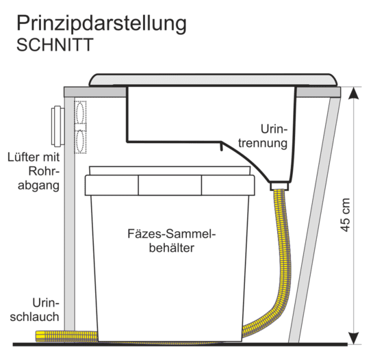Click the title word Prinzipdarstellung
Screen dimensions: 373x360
(x=101, y=24)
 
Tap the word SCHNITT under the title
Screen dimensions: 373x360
(x=55, y=44)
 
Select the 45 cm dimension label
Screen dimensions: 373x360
(x=345, y=215)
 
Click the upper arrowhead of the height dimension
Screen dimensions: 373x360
(x=355, y=93)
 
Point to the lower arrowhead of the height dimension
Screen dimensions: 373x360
(x=355, y=338)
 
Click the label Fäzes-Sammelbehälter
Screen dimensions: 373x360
(x=171, y=240)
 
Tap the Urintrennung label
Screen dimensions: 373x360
(x=263, y=136)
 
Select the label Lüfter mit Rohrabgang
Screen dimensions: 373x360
(x=34, y=171)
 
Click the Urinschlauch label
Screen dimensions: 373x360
(x=34, y=309)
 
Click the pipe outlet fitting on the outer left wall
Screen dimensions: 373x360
(x=57, y=126)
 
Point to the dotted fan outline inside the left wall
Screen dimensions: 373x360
(x=80, y=127)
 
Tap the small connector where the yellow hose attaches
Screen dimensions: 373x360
(x=279, y=186)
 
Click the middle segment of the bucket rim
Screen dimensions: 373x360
(x=170, y=185)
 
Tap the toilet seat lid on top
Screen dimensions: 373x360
(x=213, y=79)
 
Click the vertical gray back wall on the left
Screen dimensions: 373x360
(x=69, y=214)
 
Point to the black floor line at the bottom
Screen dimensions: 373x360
(x=180, y=344)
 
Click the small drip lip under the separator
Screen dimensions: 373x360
(x=221, y=147)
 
